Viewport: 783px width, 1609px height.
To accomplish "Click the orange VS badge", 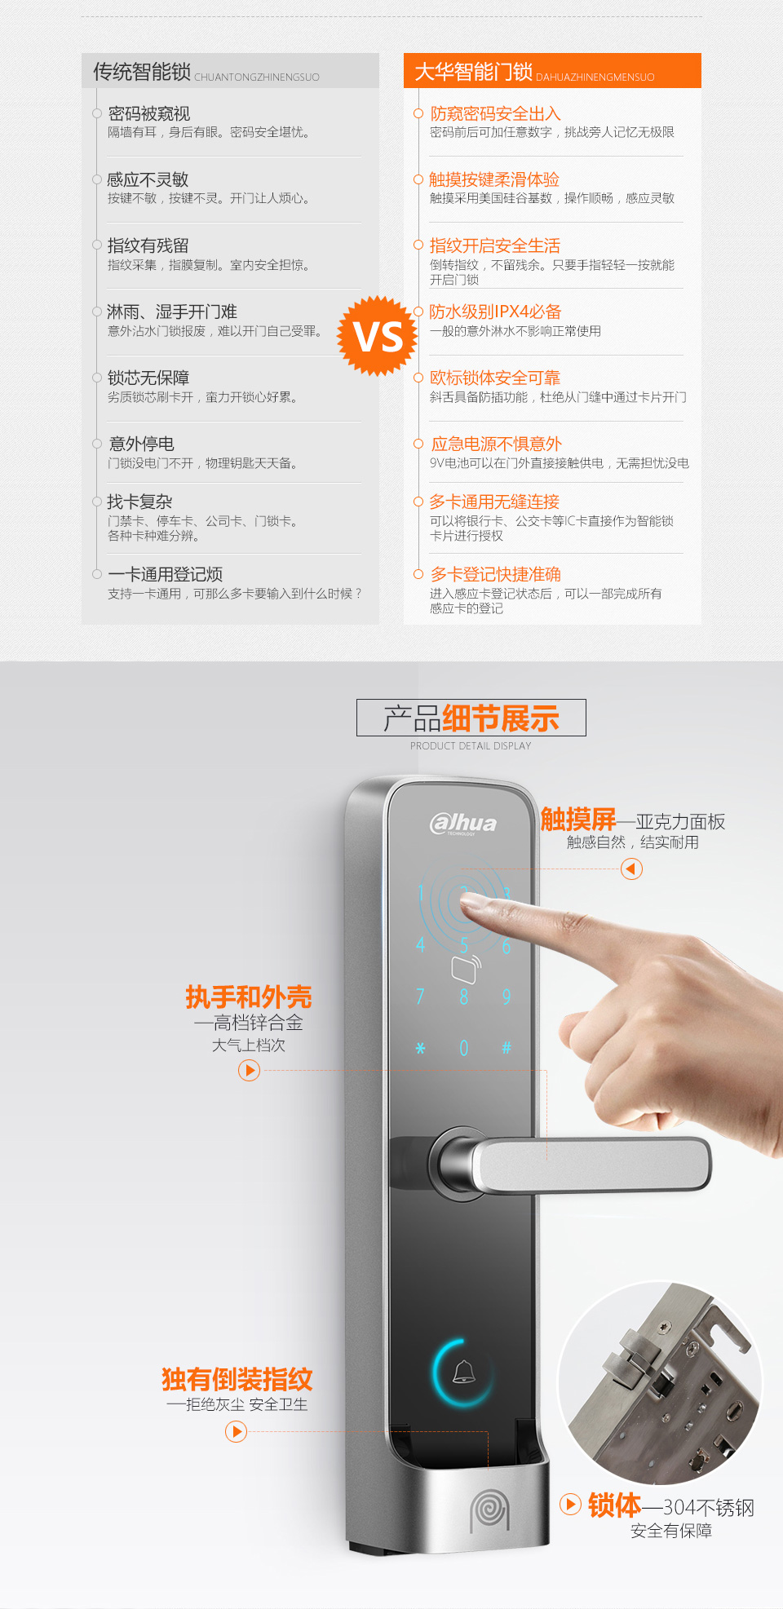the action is coord(378,336).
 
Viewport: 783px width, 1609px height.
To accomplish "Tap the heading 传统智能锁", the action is coord(142,72).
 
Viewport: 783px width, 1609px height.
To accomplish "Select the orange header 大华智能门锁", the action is coord(473,72).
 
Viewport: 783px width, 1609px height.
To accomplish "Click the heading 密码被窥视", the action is coord(149,113).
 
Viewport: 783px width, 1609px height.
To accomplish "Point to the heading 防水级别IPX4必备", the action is coord(495,312).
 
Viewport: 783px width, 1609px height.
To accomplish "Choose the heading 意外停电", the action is coord(141,444).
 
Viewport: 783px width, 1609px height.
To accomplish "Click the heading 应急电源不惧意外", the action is coord(497,444).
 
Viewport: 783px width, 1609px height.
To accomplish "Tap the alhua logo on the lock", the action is coord(463,824).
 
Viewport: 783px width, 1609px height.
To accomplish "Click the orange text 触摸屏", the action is coord(578,820).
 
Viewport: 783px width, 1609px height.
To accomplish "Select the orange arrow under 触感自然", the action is coord(631,869).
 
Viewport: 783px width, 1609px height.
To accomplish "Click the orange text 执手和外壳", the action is coord(249,997).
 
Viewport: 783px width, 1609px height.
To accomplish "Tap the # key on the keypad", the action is coord(506,1047).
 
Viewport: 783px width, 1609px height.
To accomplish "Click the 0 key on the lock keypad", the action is coord(463,1047).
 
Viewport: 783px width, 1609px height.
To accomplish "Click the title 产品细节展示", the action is coord(471,718).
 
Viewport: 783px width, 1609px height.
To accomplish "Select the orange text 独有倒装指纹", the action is coord(237,1379).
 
